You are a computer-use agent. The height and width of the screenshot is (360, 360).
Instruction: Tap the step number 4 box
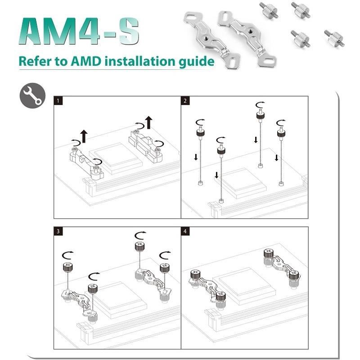[185, 232]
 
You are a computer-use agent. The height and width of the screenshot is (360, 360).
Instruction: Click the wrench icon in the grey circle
[32, 95]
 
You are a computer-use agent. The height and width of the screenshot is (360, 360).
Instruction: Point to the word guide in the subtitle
[197, 61]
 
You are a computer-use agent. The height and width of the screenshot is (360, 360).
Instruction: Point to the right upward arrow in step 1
[149, 121]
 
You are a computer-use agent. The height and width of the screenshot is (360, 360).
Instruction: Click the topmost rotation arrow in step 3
[140, 235]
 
